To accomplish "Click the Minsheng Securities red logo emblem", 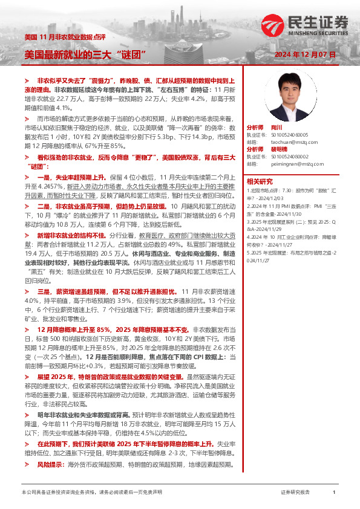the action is (x=270, y=24).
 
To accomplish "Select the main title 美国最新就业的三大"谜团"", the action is (x=87, y=54).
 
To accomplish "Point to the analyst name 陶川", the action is (x=277, y=128).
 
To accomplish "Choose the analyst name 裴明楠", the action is (x=280, y=149).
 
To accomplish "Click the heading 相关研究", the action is (x=260, y=181).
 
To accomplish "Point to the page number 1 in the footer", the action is (x=334, y=493).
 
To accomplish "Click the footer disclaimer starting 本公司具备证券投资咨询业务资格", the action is (x=91, y=493).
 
